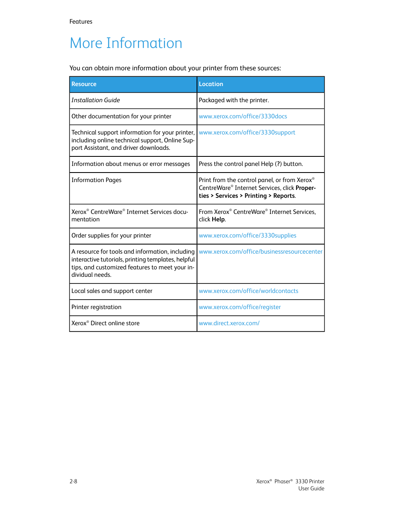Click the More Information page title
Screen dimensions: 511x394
126,43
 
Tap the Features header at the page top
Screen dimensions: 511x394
81,22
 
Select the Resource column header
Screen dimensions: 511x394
84,84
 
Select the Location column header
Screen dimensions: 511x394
211,84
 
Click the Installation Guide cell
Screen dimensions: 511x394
96,100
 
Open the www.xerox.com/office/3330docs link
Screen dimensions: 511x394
243,116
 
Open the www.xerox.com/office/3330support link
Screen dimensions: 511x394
247,132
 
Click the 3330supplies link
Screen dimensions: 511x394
247,235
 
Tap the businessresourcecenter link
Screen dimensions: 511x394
261,252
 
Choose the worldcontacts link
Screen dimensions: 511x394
249,291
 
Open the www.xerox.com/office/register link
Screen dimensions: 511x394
240,307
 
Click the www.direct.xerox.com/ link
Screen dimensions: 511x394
229,323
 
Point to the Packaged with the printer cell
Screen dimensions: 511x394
234,100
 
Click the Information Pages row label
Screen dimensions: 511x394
97,180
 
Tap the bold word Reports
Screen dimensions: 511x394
284,196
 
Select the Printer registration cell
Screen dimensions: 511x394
97,307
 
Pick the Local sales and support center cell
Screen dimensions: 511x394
112,291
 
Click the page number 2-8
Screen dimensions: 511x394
74,481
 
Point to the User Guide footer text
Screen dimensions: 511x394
311,489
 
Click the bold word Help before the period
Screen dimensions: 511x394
218,219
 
